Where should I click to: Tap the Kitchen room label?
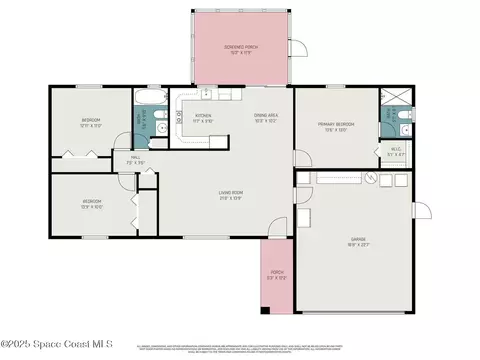coord(204,118)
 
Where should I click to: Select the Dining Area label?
coord(265,118)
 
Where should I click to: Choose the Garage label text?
coord(357,240)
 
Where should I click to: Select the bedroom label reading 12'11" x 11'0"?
coord(91,123)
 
